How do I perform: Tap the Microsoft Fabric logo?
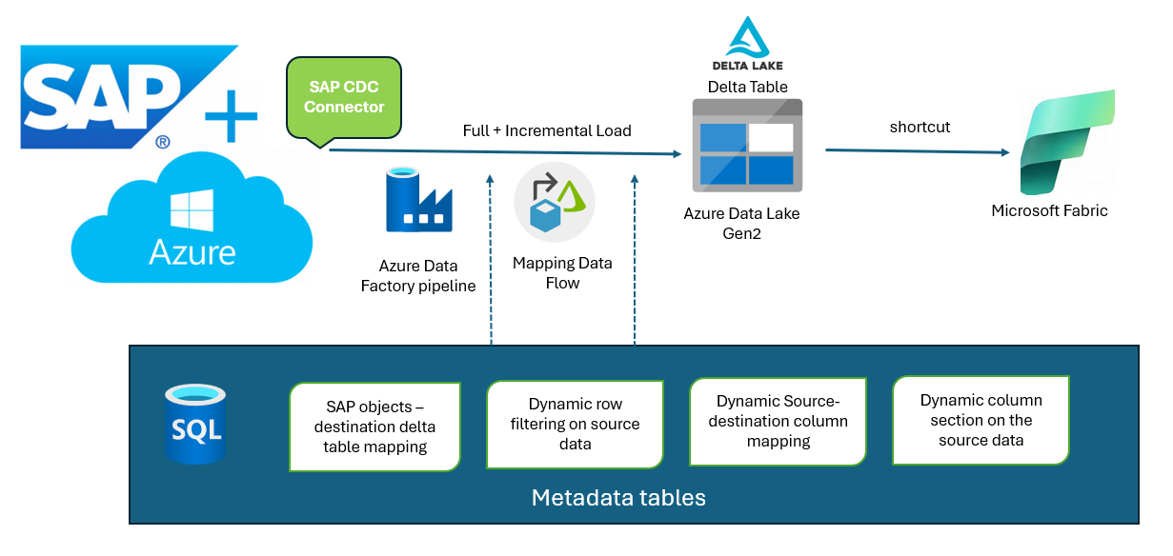point(1065,143)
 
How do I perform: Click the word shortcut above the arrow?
point(920,127)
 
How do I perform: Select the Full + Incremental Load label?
point(547,130)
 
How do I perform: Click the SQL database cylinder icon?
point(195,425)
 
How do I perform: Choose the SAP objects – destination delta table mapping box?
point(374,427)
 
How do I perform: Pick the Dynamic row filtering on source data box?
point(575,424)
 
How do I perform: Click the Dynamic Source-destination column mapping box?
point(779,421)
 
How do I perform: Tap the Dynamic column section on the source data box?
point(981,420)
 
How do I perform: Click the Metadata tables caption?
point(618,497)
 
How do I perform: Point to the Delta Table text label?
point(747,87)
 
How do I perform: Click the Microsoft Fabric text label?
point(1049,210)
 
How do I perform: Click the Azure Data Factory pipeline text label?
point(418,276)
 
